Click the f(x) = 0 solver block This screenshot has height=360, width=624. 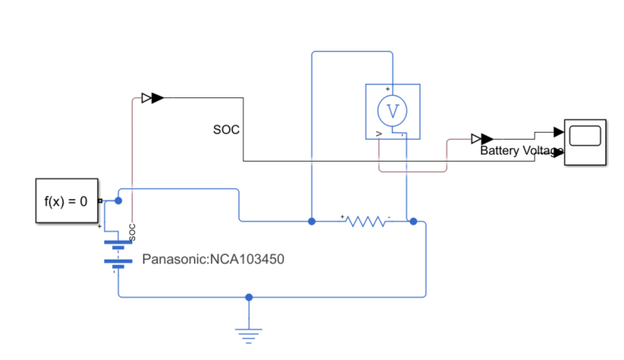tap(67, 201)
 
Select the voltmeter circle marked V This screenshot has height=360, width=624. tap(392, 111)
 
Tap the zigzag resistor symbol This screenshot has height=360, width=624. tap(366, 222)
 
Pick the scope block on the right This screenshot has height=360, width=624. tap(586, 142)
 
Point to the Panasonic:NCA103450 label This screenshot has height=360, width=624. tap(213, 260)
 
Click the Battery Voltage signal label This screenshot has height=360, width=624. tap(522, 151)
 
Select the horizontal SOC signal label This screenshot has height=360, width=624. tap(226, 129)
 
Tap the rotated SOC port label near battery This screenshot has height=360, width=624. tap(133, 232)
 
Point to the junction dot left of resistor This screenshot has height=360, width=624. tap(312, 221)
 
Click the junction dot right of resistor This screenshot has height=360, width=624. tap(414, 221)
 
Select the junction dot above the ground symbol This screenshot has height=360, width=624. tap(249, 297)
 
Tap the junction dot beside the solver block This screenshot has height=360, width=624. tap(119, 201)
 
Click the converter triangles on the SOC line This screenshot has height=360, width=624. tap(152, 98)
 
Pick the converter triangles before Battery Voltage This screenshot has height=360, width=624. tap(482, 139)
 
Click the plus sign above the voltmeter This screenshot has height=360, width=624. tap(388, 89)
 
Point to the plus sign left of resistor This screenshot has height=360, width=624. tap(342, 216)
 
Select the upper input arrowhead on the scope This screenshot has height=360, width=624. tap(559, 132)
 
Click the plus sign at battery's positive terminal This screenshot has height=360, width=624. tap(100, 227)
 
